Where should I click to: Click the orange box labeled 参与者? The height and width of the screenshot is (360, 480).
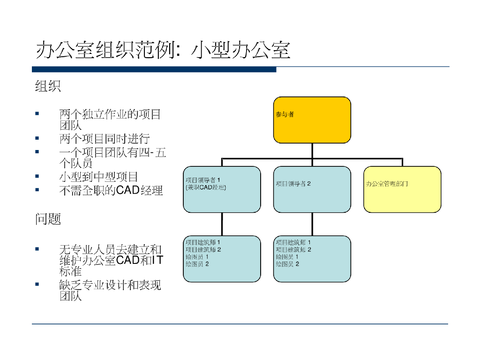312,120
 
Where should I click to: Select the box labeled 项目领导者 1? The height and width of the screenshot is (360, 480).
222,189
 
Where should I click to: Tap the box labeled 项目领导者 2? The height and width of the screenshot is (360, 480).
312,189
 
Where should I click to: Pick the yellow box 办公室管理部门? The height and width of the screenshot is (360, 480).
402,189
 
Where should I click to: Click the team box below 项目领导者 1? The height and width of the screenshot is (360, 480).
222,259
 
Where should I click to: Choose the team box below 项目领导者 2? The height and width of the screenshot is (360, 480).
312,259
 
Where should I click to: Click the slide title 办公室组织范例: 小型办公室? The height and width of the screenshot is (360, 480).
163,50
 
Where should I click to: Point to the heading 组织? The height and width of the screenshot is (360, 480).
48,87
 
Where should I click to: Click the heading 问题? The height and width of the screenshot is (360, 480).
48,219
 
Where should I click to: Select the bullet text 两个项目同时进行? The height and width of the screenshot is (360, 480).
104,139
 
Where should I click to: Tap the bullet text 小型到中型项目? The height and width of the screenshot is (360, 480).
98,177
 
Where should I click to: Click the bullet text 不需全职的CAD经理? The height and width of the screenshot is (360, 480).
111,191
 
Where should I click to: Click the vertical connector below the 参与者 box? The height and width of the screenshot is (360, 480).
312,150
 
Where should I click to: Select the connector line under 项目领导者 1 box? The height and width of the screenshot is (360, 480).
222,224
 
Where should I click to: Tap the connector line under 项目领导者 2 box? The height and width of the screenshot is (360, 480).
312,224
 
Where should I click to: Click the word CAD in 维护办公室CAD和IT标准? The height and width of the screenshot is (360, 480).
127,261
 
